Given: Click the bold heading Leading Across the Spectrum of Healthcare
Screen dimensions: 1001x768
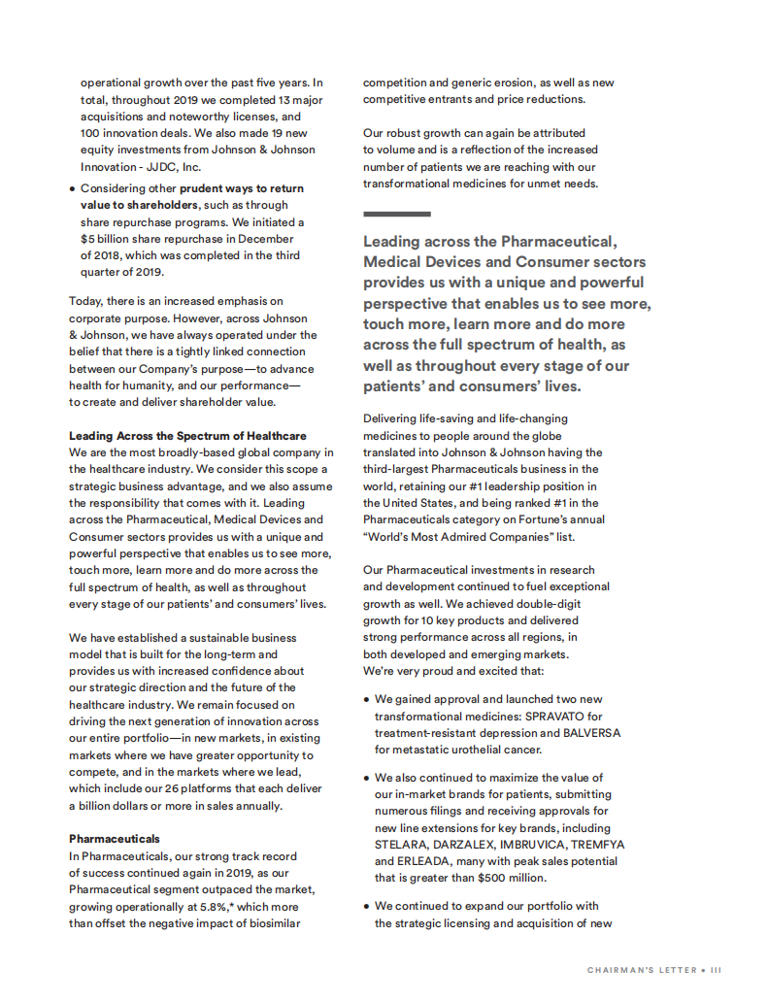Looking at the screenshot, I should coord(187,436).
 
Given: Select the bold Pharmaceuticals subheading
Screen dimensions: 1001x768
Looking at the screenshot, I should coord(115,838).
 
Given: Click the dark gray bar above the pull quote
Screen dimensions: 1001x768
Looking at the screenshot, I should coord(396,214).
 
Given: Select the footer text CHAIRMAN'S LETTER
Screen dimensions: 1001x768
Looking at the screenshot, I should coord(642,969).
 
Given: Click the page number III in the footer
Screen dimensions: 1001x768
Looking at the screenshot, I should coord(716,969).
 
